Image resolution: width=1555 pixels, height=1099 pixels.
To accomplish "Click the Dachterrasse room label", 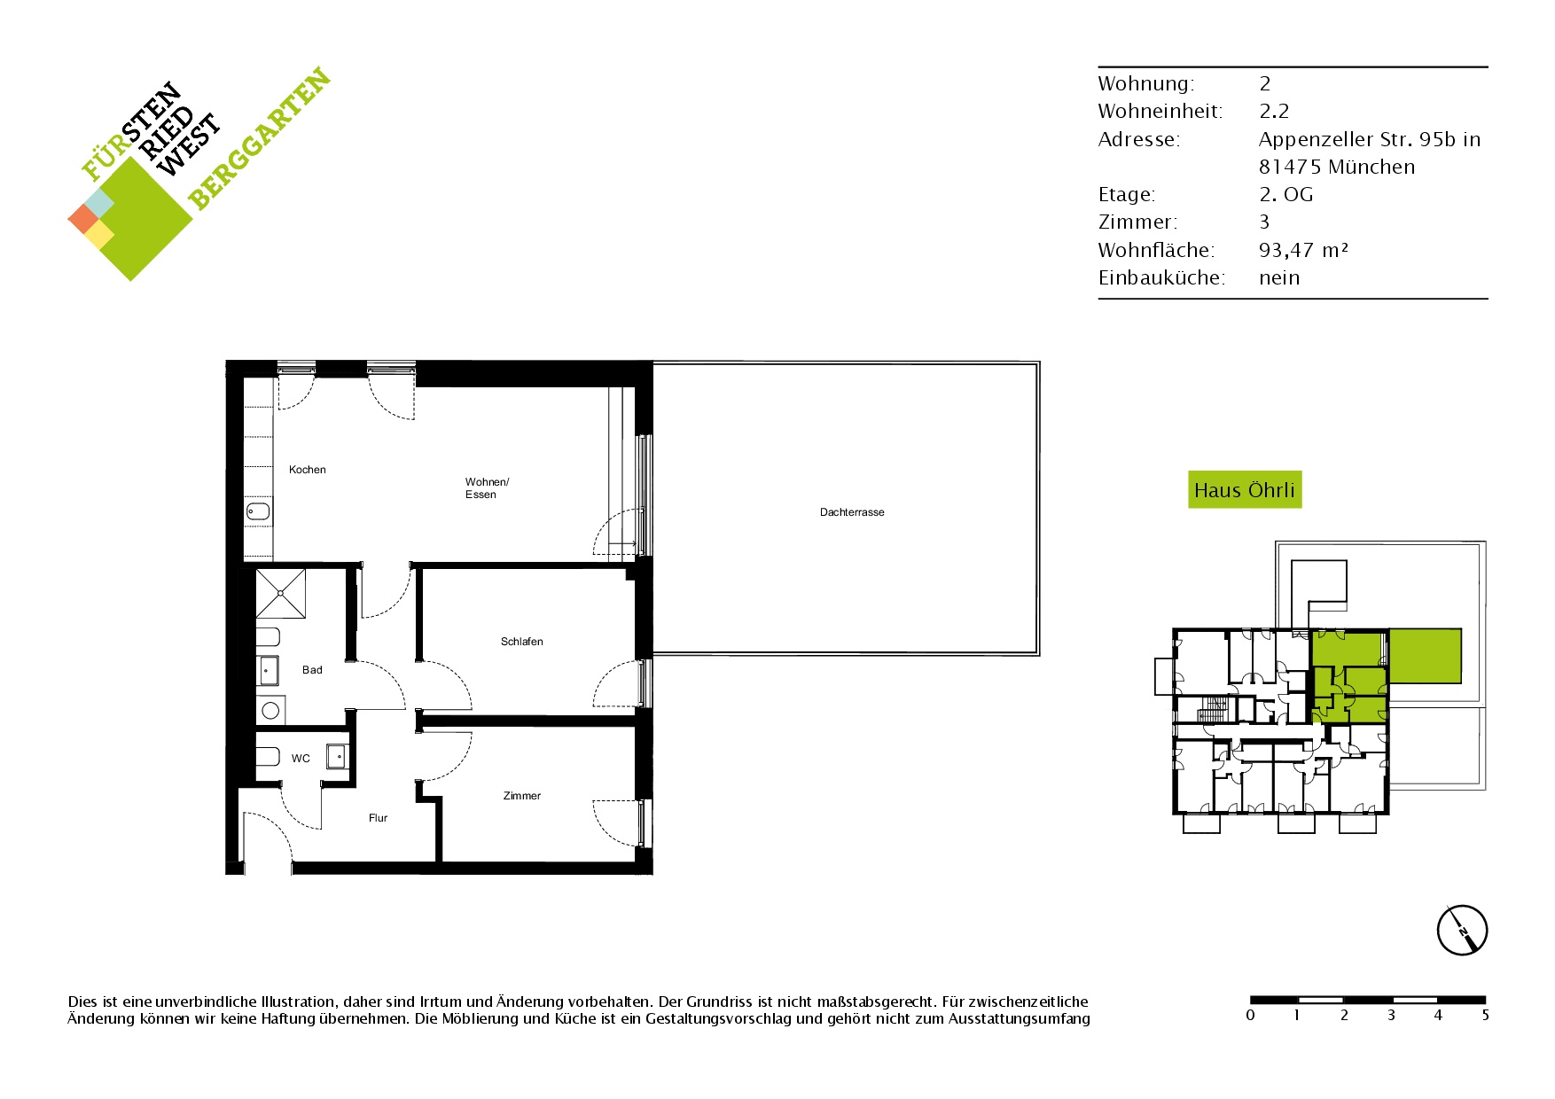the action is [852, 512].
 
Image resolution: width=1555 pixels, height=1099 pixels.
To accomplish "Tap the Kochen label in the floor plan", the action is [308, 470].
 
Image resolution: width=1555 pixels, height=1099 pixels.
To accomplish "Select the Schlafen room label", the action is [522, 642].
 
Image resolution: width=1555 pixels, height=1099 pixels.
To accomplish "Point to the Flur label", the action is [379, 818].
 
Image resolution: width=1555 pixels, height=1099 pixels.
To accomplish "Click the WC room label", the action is [301, 759].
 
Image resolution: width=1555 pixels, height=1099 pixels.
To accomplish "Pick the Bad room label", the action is [312, 670].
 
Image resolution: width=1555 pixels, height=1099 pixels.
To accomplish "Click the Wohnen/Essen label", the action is [488, 488].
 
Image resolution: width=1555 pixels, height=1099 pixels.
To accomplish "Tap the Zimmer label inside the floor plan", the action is [522, 796].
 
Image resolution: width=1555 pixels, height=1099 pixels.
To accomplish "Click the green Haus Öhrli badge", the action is [1245, 490].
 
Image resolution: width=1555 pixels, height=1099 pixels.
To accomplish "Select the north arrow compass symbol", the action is [1462, 931].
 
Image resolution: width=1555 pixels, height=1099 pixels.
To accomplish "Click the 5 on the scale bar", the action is [1485, 1016].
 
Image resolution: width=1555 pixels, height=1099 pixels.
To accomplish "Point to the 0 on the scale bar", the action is [1251, 1016].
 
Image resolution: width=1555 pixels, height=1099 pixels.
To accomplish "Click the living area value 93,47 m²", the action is [1303, 250].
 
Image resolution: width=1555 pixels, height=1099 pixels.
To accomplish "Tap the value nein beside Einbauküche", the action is [1279, 278].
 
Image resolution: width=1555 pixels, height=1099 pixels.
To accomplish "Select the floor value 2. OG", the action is [1286, 195].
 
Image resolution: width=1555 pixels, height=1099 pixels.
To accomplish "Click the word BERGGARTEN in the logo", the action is [260, 138].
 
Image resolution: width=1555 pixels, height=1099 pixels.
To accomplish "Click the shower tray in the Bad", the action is [281, 593].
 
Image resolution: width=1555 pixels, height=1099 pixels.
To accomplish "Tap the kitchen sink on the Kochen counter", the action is [258, 511].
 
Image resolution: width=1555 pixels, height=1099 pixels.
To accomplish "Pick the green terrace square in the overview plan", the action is [1425, 656].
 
